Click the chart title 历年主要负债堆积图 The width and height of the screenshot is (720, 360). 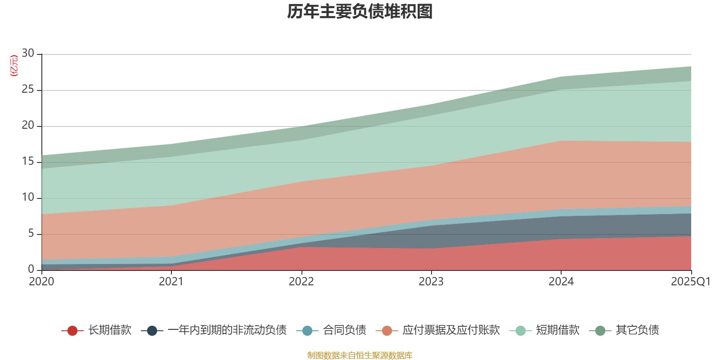point(360,12)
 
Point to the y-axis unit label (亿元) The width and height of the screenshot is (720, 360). point(14,66)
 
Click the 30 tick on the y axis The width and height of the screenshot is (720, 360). point(28,53)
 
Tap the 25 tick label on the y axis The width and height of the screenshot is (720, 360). point(28,89)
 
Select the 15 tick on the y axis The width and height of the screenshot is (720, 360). point(28,161)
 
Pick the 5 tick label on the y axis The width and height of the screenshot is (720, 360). point(31,233)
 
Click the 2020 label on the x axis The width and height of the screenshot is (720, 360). point(41,282)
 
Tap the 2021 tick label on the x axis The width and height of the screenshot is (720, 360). point(171,282)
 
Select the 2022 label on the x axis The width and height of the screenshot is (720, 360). point(301,282)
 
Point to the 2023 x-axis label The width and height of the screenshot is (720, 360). point(431,282)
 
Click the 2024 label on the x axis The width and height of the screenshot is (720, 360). point(561,282)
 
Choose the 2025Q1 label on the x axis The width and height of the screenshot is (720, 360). point(690,282)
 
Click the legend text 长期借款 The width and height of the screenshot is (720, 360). point(110,330)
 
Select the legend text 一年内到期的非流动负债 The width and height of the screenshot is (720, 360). point(227,330)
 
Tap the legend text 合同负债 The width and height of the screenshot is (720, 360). point(344,330)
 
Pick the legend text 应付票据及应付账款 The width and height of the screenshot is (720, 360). point(451,330)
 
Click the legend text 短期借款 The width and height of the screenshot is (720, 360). point(558,330)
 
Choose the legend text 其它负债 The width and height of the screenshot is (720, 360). point(637,330)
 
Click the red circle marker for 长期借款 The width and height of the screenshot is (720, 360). point(72,331)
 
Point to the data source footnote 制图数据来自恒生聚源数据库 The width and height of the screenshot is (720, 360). point(360,355)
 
